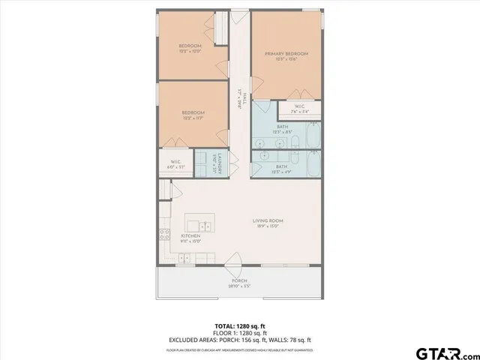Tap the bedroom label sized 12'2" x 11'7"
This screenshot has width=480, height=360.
190,115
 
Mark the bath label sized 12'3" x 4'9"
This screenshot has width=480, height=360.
282,169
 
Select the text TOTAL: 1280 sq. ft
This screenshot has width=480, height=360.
239,325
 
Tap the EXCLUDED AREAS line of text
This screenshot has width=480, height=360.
239,338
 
